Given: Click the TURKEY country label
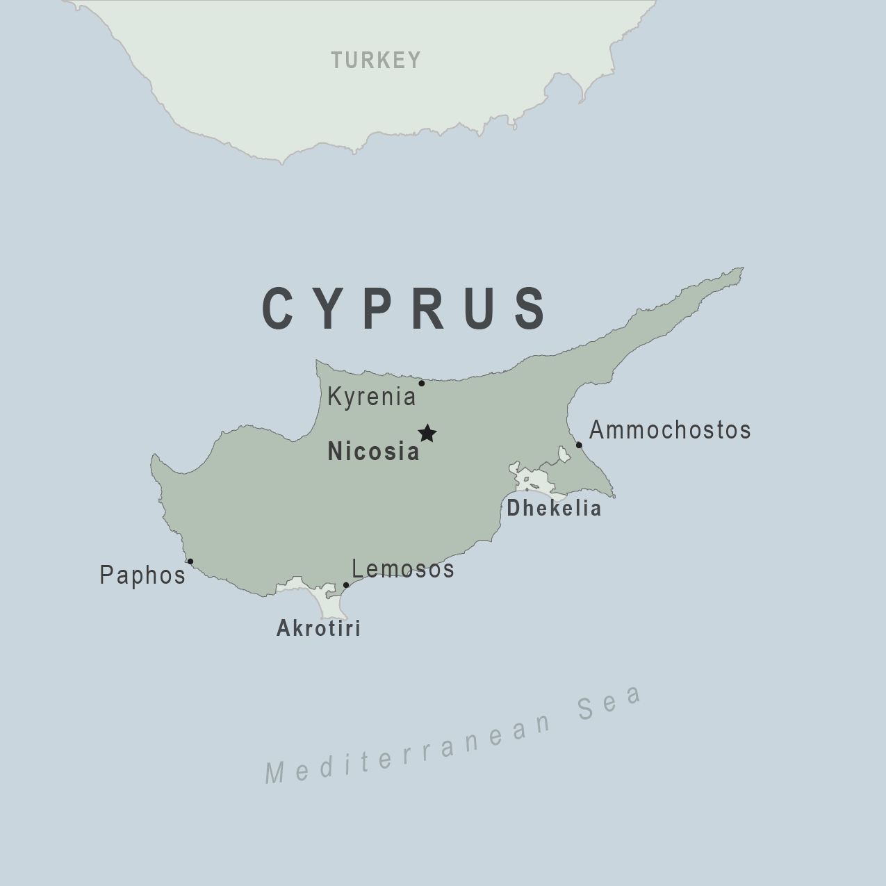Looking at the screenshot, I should pyautogui.click(x=376, y=60).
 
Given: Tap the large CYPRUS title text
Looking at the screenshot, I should pyautogui.click(x=405, y=308).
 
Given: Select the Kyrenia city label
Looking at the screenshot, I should pyautogui.click(x=371, y=397).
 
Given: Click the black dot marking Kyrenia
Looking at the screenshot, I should pyautogui.click(x=421, y=383).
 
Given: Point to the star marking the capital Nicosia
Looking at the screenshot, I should pyautogui.click(x=427, y=434).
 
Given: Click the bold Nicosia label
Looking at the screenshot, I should pyautogui.click(x=374, y=452).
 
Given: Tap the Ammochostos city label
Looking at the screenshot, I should pyautogui.click(x=670, y=430).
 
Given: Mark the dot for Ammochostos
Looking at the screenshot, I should pyautogui.click(x=579, y=445).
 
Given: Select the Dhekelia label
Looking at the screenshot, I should pyautogui.click(x=554, y=509).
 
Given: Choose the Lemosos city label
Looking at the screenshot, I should pyautogui.click(x=403, y=569).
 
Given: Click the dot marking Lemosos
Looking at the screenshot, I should pyautogui.click(x=346, y=585).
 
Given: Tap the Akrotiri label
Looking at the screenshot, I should pyautogui.click(x=319, y=629).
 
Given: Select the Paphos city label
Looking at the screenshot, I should pyautogui.click(x=143, y=575).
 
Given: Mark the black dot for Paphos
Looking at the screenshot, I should pyautogui.click(x=190, y=561).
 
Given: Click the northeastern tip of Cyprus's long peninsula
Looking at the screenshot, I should pyautogui.click(x=741, y=268).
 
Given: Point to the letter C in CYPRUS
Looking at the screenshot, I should pyautogui.click(x=279, y=308).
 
